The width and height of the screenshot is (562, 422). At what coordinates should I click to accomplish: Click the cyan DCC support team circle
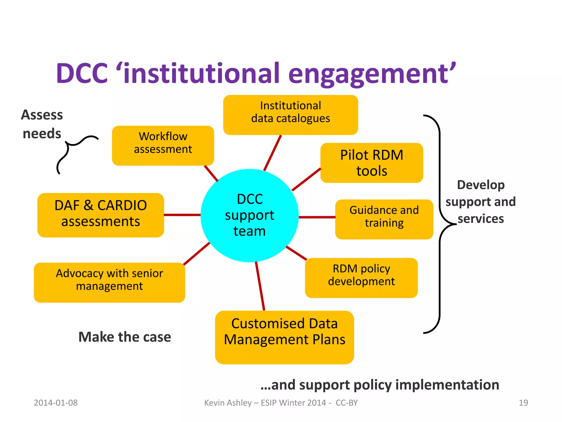pos(249,215)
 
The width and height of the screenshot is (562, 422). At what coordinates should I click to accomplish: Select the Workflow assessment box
pos(163,145)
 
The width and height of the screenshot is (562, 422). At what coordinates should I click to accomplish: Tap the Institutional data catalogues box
pos(290,115)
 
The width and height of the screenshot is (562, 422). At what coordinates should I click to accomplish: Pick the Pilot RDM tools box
pos(372,163)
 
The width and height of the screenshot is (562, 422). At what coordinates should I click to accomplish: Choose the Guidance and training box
pos(384,219)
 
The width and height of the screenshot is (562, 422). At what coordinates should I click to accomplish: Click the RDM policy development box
pos(361,277)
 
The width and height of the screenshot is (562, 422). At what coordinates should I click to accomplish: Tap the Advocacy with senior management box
pos(109,282)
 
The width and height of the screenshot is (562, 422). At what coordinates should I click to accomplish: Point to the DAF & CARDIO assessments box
pos(100,215)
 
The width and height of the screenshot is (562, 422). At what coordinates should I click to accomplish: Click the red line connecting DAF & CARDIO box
pos(182,215)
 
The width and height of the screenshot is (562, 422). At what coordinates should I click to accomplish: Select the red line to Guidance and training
pos(317,217)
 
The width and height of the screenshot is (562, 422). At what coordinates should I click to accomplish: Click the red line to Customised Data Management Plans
pos(260,286)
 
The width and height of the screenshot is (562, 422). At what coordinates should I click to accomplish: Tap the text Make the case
pos(125,337)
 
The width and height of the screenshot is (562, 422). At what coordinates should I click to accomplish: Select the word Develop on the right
pos(480,185)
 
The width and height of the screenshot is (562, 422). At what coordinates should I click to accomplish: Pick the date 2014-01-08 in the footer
pos(56,403)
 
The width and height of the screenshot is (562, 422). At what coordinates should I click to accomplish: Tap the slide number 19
pos(523,403)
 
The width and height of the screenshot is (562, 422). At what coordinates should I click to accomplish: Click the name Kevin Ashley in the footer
pos(228,403)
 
